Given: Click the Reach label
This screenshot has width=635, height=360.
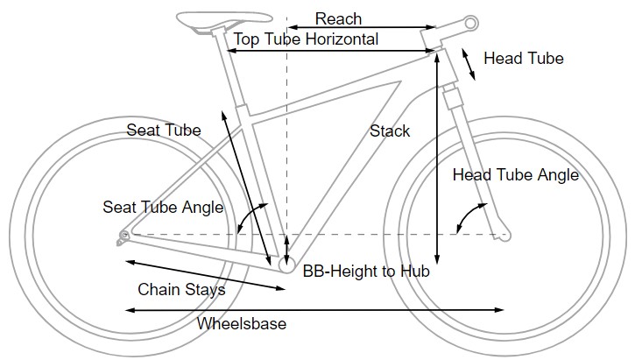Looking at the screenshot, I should tap(338, 18).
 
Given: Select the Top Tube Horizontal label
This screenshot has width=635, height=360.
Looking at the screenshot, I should tap(306, 39).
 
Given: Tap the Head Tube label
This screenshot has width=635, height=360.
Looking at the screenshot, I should tap(523, 59).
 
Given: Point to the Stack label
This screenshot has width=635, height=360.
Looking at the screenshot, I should tap(390, 131).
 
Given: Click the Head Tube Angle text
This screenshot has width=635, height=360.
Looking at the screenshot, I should tap(515, 175).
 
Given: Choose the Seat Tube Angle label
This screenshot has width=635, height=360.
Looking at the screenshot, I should tap(163, 208).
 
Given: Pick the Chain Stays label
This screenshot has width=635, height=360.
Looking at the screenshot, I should tap(181, 289).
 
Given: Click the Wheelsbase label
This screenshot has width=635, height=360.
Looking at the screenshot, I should tap(242, 323).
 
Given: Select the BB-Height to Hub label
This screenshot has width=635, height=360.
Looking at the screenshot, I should tap(365, 272).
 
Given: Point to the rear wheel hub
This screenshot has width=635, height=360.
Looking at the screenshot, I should tap(123, 234).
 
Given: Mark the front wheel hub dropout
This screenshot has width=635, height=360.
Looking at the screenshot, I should tap(503, 234).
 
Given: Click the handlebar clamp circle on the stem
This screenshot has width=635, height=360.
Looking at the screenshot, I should tap(470, 21).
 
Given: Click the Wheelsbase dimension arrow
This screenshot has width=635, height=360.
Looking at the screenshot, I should tap(315, 309).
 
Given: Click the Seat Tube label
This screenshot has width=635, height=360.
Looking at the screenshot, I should tap(164, 131).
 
